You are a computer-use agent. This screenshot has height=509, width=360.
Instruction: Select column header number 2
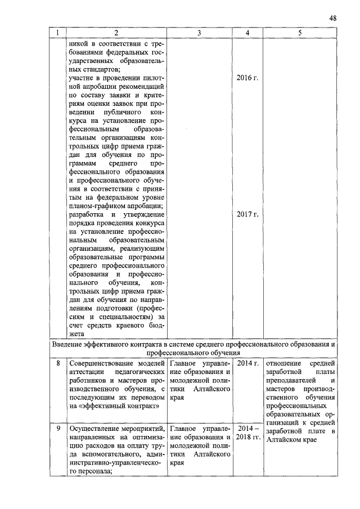pyautogui.click(x=116, y=33)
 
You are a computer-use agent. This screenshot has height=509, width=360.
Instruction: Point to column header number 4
pyautogui.click(x=247, y=33)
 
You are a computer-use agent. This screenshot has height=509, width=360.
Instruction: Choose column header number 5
pyautogui.click(x=300, y=33)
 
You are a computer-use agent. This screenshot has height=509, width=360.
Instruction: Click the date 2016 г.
pyautogui.click(x=247, y=78)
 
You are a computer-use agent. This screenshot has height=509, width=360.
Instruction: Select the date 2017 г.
pyautogui.click(x=247, y=214)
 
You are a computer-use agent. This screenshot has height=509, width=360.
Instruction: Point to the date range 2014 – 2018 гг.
pyautogui.click(x=247, y=435)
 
